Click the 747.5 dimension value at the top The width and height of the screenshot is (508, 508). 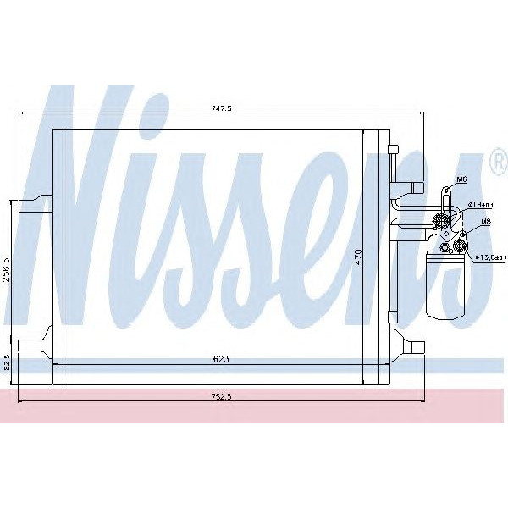click(223, 109)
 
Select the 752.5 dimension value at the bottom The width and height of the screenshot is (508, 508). click(223, 395)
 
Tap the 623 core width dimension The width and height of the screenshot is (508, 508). click(223, 358)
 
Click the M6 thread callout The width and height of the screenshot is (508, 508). click(461, 180)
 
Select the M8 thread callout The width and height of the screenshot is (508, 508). click(485, 222)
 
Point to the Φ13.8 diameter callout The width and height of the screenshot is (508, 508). click(489, 257)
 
